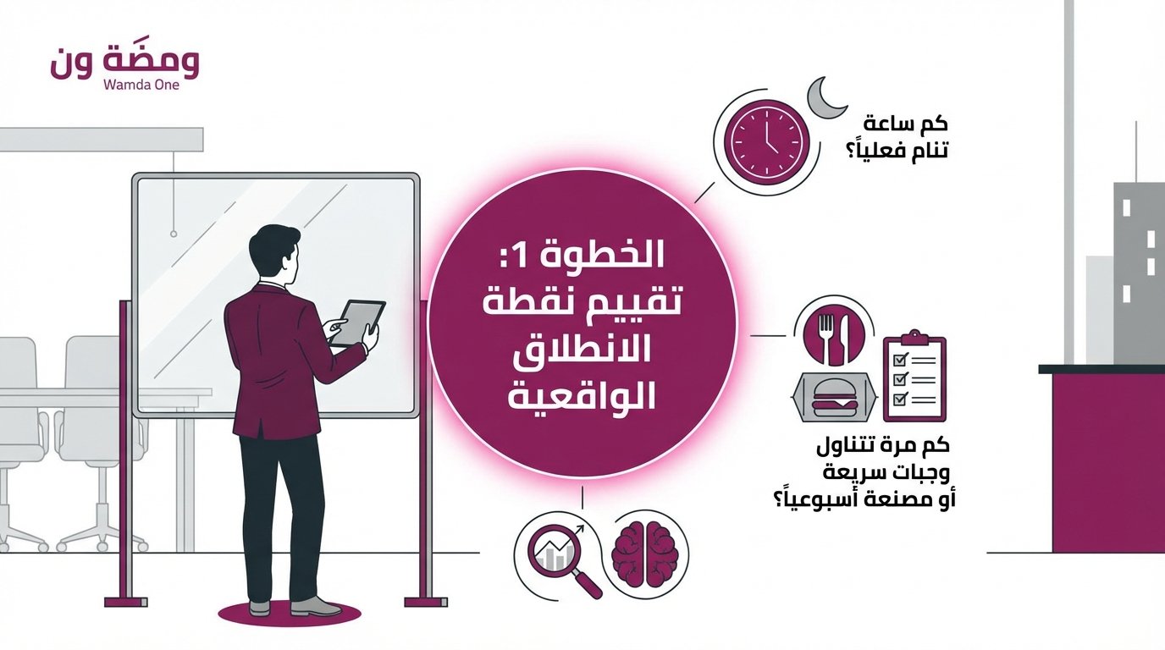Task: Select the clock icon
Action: click(x=761, y=140)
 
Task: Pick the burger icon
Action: click(x=830, y=397)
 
